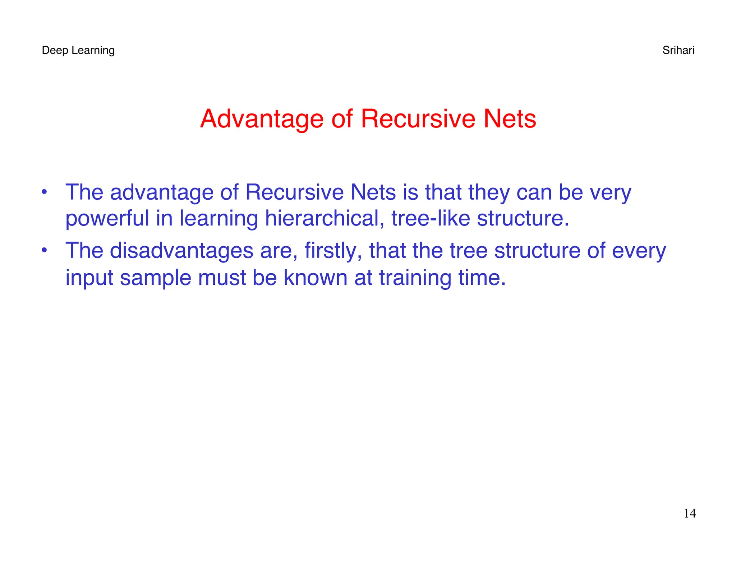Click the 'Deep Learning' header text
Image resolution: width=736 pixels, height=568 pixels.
[78, 50]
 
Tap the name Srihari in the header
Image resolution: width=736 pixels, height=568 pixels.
[678, 50]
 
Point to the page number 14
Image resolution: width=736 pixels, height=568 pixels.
[690, 513]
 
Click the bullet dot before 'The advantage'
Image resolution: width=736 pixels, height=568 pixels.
[44, 191]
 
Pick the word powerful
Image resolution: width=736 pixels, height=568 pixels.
[107, 218]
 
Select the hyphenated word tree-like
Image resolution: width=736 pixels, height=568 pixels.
[431, 218]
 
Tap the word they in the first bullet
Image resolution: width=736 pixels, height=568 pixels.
[489, 193]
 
